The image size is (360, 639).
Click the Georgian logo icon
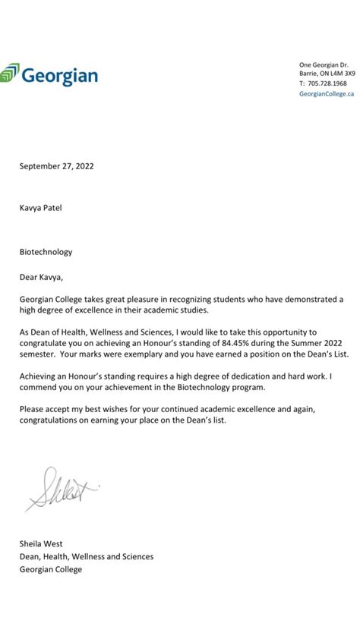(9, 74)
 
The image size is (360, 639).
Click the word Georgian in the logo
(59, 75)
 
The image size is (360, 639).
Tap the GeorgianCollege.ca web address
(327, 93)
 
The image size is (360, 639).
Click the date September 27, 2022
(57, 165)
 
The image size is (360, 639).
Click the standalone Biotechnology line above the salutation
(46, 252)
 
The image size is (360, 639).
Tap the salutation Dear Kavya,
(42, 275)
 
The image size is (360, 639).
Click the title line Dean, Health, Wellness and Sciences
(87, 556)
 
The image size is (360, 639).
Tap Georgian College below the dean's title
(50, 569)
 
